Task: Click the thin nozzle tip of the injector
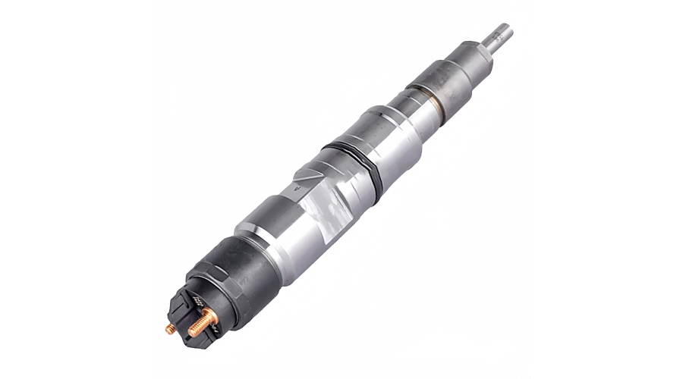point(500,36)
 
